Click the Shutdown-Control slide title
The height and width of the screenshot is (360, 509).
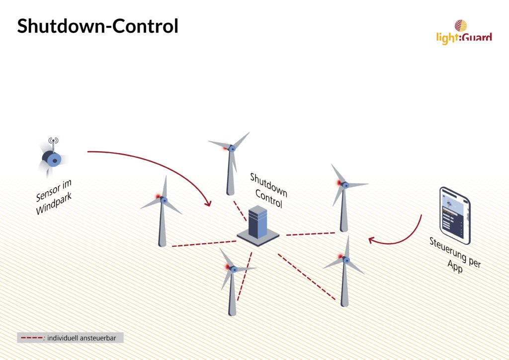coord(98,26)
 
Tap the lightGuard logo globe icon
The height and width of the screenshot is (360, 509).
coord(461,26)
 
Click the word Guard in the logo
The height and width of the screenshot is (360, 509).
coord(476,37)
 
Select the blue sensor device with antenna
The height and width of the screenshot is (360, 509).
coord(52,158)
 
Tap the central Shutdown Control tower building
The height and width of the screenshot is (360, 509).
coord(258,226)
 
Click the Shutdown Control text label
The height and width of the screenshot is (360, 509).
coord(268,190)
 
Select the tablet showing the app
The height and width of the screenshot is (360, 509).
coord(455,215)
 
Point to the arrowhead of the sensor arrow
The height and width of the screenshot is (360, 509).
coord(208,203)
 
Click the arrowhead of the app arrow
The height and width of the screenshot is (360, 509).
coord(372,241)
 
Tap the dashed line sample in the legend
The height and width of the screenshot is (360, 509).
coord(31,338)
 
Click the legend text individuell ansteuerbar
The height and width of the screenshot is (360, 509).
coord(82,338)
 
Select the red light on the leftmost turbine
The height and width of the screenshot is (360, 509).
coord(158,197)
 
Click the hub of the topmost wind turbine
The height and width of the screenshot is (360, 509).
coord(232,148)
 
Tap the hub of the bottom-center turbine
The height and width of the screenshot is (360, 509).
coord(233,269)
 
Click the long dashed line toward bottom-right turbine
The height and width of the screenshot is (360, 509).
coord(306,276)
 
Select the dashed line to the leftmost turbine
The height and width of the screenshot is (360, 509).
coord(204,244)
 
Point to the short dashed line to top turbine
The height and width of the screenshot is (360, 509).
coord(240,211)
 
